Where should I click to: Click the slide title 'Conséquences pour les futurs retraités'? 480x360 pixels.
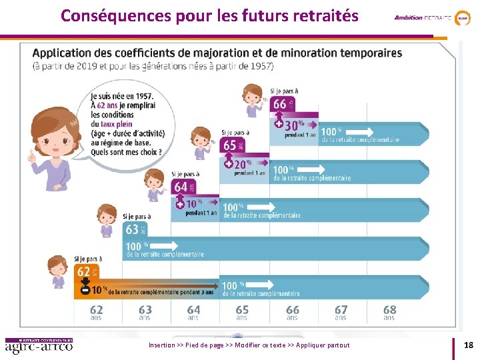point(209,15)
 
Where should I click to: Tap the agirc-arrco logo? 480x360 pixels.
point(39,345)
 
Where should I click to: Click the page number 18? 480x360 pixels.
point(468,345)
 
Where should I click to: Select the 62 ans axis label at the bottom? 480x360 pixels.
point(97,312)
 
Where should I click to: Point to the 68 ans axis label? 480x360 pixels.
point(389,312)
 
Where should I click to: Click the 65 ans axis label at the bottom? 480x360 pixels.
point(242,312)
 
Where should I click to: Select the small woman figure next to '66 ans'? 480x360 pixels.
point(253,101)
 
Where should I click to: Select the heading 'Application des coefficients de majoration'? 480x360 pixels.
point(217,53)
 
